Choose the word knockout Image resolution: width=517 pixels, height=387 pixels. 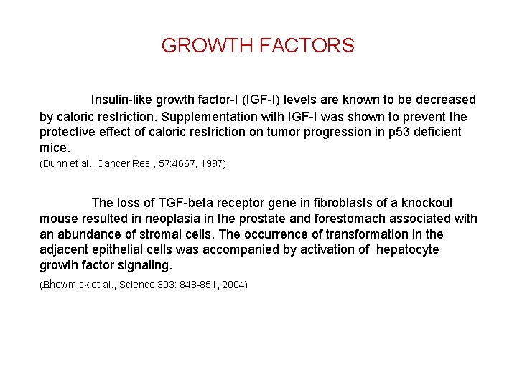point(427,203)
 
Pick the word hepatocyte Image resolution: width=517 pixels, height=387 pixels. point(409,250)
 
